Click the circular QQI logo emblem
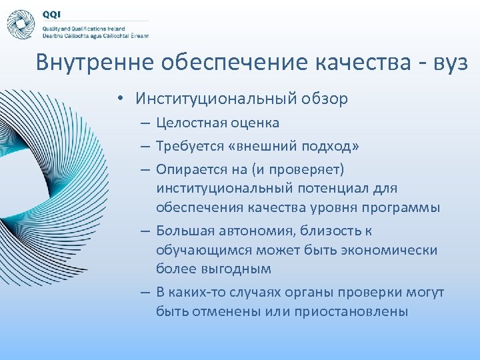[x=20, y=25]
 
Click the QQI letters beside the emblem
[x=51, y=14]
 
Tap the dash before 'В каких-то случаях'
[x=145, y=293]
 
